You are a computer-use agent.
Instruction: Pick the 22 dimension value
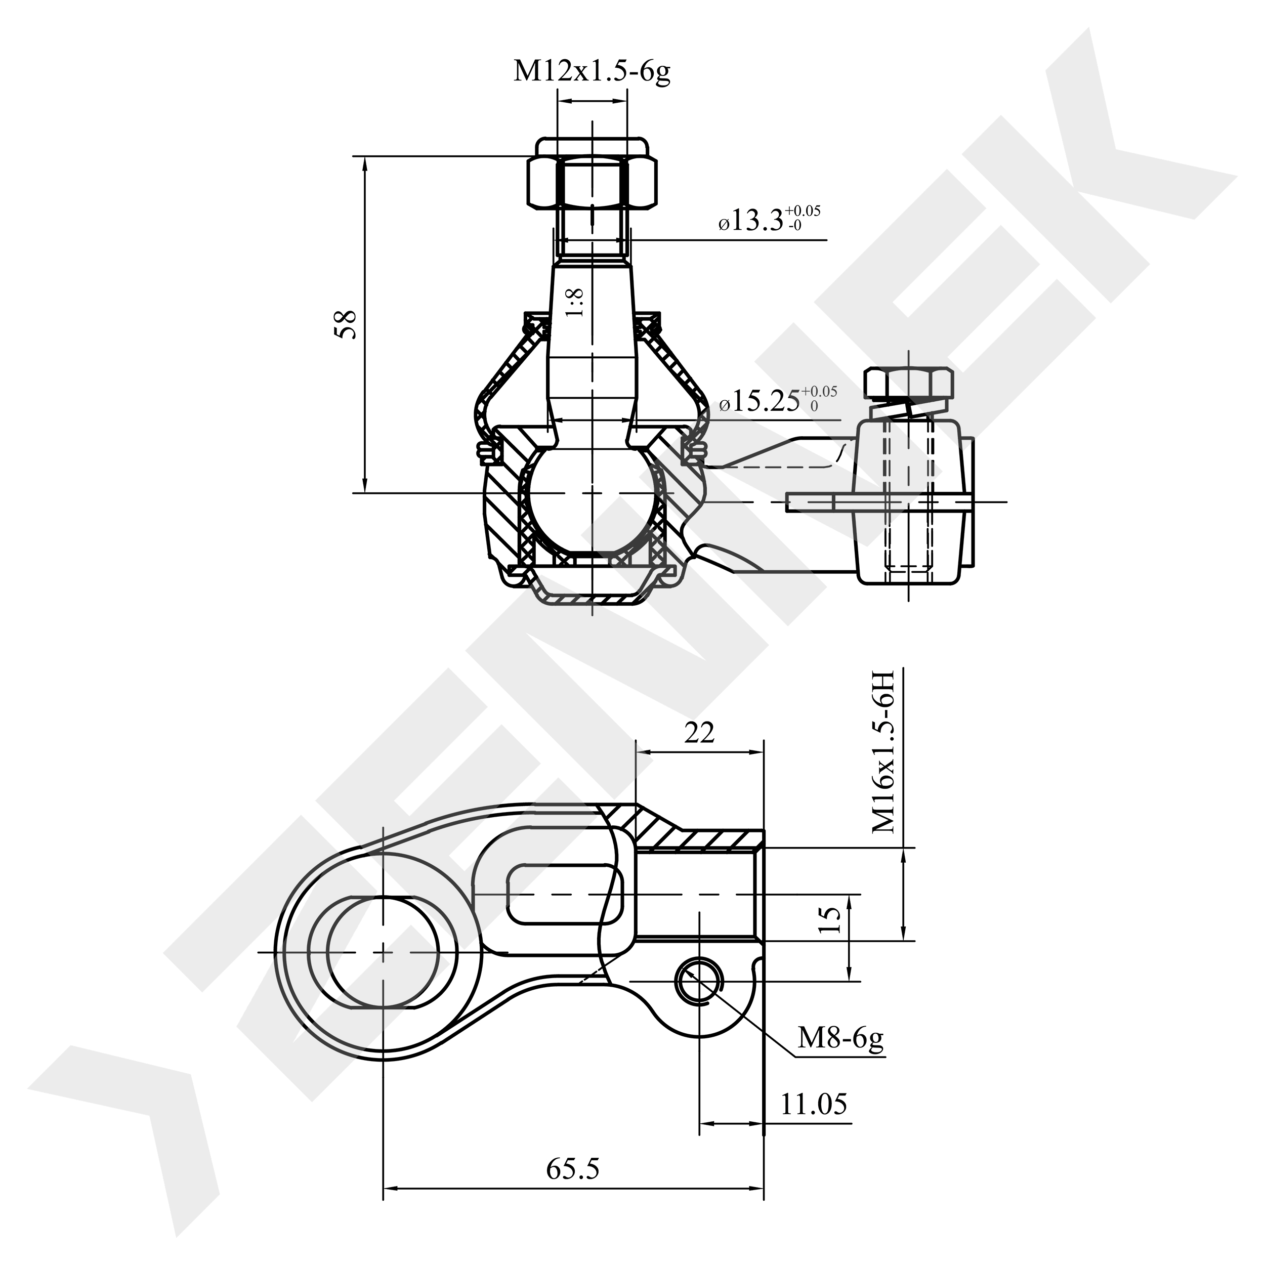click(699, 733)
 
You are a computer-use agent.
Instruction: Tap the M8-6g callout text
click(840, 1038)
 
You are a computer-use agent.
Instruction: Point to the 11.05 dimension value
click(813, 1105)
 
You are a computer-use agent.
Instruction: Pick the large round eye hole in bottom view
click(383, 951)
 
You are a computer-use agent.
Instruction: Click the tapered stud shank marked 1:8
click(592, 341)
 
